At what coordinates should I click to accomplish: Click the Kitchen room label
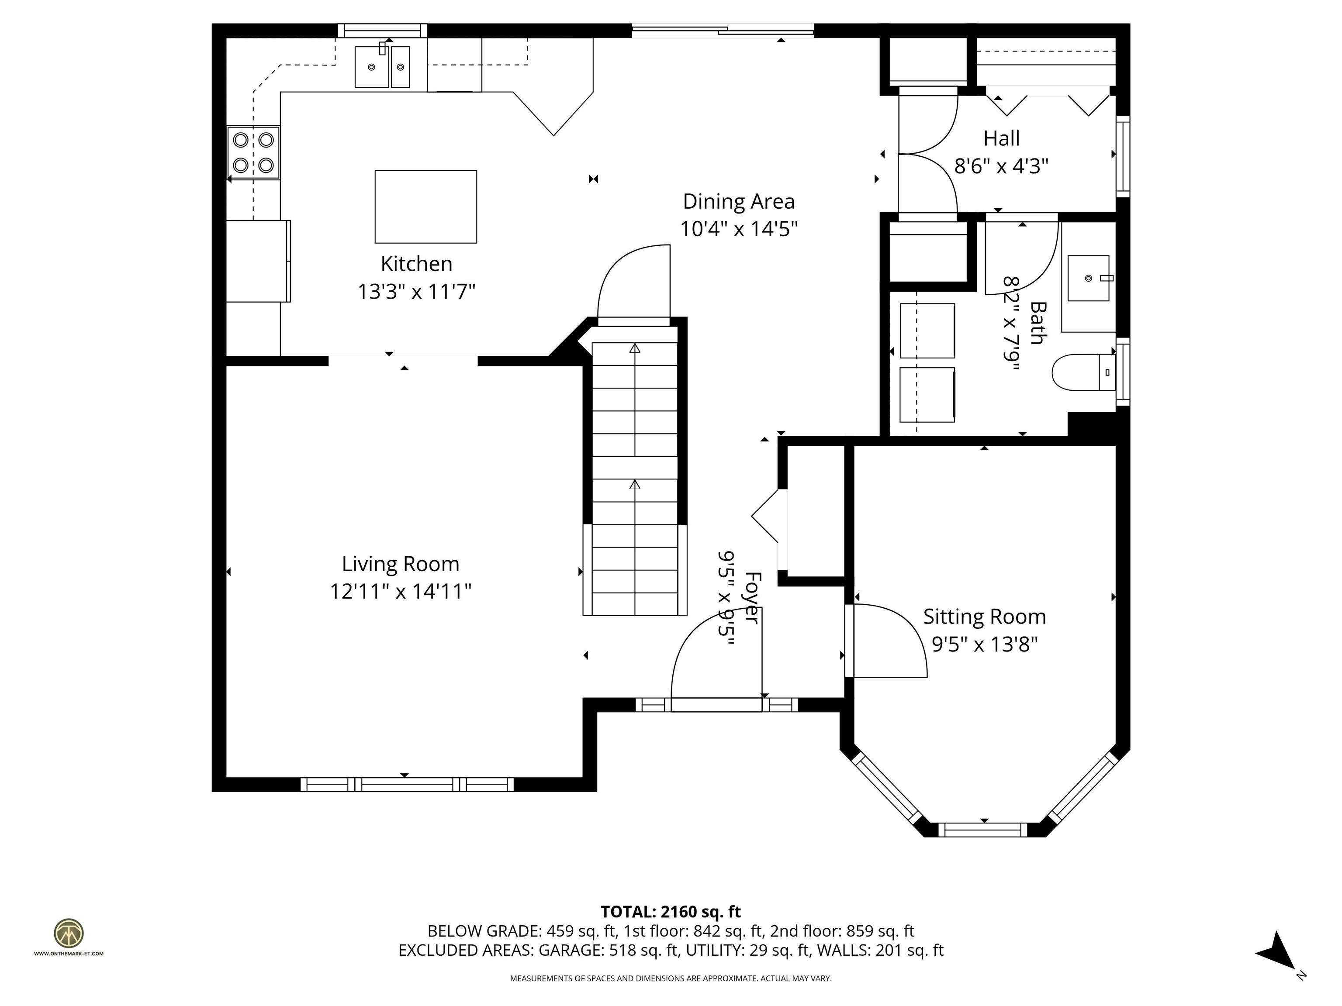point(416,264)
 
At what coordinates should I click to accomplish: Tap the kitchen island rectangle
point(425,207)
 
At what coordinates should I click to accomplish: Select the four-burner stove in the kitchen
point(254,153)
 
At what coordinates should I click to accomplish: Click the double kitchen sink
point(382,67)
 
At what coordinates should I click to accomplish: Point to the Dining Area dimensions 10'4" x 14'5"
point(738,229)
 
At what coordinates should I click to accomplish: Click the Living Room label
point(401,564)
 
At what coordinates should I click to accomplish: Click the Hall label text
point(1001,138)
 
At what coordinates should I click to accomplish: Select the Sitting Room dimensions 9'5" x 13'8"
point(985,644)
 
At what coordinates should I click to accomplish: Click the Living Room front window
point(407,784)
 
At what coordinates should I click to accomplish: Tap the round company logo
point(69,933)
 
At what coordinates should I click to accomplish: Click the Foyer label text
point(752,597)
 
